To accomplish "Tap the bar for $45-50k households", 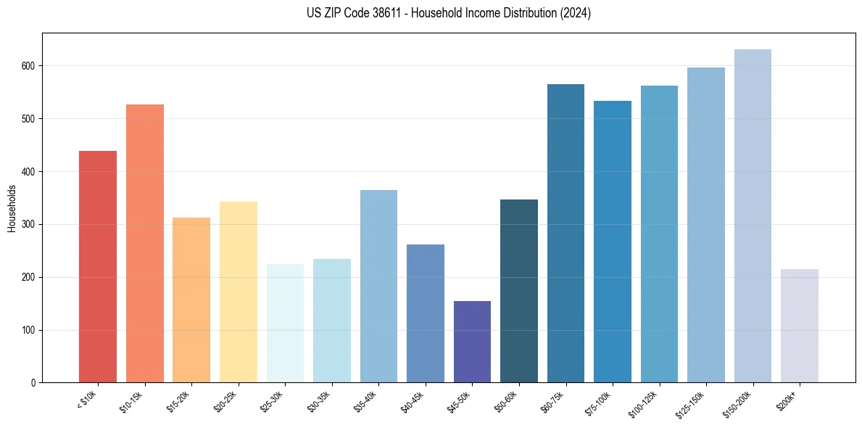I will [472, 342].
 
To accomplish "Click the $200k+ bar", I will [800, 326].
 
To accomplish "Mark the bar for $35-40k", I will [378, 287].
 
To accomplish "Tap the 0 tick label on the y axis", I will [33, 383].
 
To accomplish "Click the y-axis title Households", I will [12, 208].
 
